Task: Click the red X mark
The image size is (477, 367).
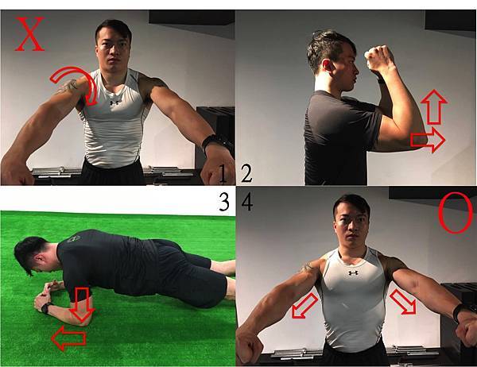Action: click(x=29, y=33)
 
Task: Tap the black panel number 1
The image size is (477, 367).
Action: click(x=223, y=174)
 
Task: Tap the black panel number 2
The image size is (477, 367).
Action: click(x=246, y=174)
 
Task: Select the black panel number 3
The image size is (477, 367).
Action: click(x=224, y=203)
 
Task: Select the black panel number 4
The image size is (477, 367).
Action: click(x=247, y=203)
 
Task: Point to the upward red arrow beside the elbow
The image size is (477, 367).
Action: click(x=434, y=107)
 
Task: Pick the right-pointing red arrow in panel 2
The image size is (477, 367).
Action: click(x=428, y=140)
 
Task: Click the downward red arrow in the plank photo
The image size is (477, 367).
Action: click(x=82, y=304)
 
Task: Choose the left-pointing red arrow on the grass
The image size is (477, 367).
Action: click(x=68, y=338)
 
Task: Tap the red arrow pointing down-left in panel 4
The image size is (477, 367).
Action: click(x=304, y=306)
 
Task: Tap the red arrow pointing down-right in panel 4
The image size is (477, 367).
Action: click(x=403, y=302)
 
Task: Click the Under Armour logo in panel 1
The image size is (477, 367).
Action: click(x=114, y=102)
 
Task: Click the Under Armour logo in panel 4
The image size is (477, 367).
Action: click(x=353, y=273)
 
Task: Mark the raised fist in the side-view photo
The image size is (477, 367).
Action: click(x=378, y=58)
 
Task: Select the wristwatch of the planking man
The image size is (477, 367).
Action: click(x=46, y=307)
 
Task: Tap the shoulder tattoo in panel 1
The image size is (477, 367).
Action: click(x=68, y=87)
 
